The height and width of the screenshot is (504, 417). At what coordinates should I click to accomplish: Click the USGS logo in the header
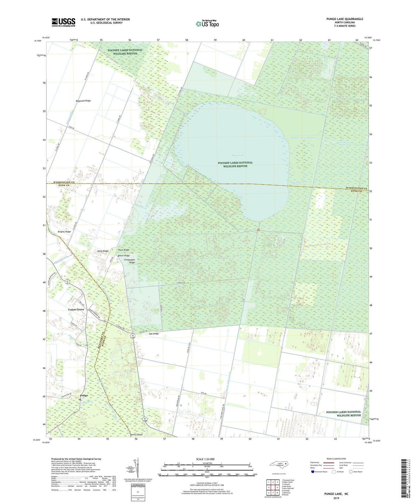[63, 22]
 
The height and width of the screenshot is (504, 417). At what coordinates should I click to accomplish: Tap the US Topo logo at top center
[207, 23]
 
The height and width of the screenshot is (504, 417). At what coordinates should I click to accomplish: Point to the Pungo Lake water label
[238, 156]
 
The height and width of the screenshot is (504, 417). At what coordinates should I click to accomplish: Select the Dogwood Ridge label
[83, 101]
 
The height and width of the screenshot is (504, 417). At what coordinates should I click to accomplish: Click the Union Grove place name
[76, 309]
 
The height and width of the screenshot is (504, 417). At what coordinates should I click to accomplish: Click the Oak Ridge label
[154, 334]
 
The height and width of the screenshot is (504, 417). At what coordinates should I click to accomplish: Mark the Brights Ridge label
[64, 232]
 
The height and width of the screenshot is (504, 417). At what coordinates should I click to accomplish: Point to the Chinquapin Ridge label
[129, 261]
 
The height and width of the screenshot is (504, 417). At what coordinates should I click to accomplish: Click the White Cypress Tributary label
[304, 138]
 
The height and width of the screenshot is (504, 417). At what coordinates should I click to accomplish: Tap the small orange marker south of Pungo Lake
[258, 230]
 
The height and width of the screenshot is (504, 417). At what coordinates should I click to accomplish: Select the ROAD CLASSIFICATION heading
[336, 459]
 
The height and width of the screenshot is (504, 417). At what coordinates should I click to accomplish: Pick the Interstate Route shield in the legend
[313, 472]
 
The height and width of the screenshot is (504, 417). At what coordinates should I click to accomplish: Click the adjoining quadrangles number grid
[273, 488]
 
